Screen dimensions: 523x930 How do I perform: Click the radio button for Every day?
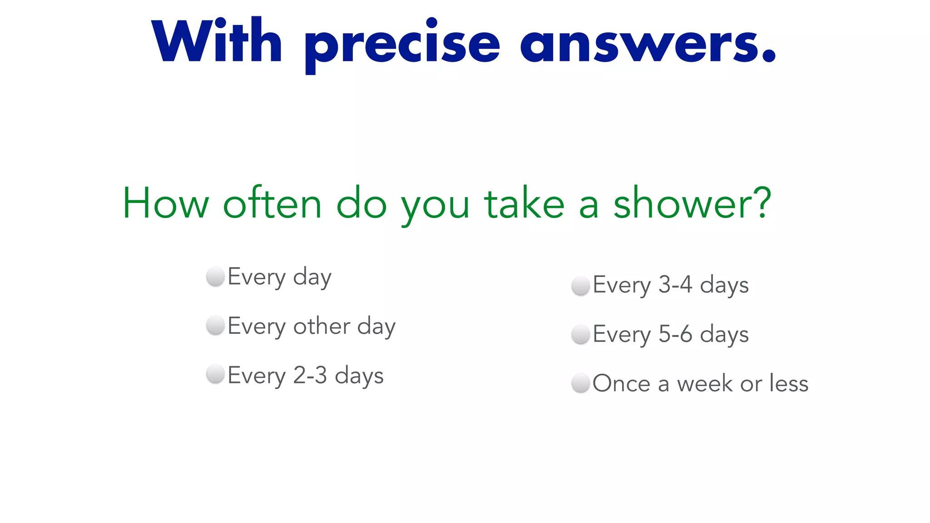click(x=216, y=276)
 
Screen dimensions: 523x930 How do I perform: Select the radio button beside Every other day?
click(x=216, y=326)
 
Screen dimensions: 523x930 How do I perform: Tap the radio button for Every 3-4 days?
click(x=580, y=286)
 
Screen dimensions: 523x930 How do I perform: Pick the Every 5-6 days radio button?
click(x=580, y=335)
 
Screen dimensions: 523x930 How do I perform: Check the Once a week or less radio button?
click(x=580, y=383)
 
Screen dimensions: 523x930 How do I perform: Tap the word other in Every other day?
click(x=322, y=326)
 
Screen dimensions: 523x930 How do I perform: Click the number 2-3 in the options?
click(x=310, y=375)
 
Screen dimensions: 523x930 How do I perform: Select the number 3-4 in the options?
click(x=675, y=285)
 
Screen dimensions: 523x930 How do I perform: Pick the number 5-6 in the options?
click(x=675, y=334)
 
